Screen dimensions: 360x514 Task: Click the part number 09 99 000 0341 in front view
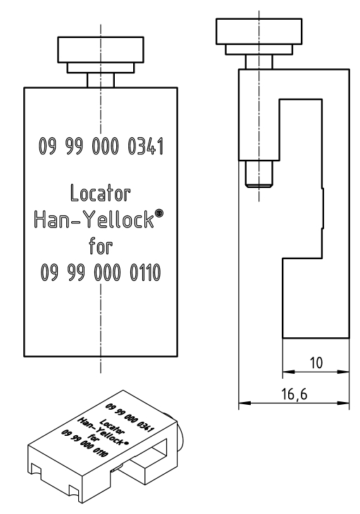101,146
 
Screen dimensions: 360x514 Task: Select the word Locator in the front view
100,193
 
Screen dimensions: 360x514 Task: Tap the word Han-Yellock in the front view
94,219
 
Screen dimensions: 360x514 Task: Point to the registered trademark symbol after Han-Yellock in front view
159,213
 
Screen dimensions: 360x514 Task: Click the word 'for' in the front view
101,246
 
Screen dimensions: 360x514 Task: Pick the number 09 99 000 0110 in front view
101,272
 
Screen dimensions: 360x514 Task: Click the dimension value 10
316,363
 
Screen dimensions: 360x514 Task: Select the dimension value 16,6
294,394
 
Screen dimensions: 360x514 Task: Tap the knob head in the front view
101,49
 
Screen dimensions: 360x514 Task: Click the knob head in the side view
259,31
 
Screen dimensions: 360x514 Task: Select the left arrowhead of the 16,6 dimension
244,403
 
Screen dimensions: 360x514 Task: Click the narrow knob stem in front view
101,80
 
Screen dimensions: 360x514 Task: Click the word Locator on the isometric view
111,426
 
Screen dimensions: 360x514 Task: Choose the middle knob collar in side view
259,49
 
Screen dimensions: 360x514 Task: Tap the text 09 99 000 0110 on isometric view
85,443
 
